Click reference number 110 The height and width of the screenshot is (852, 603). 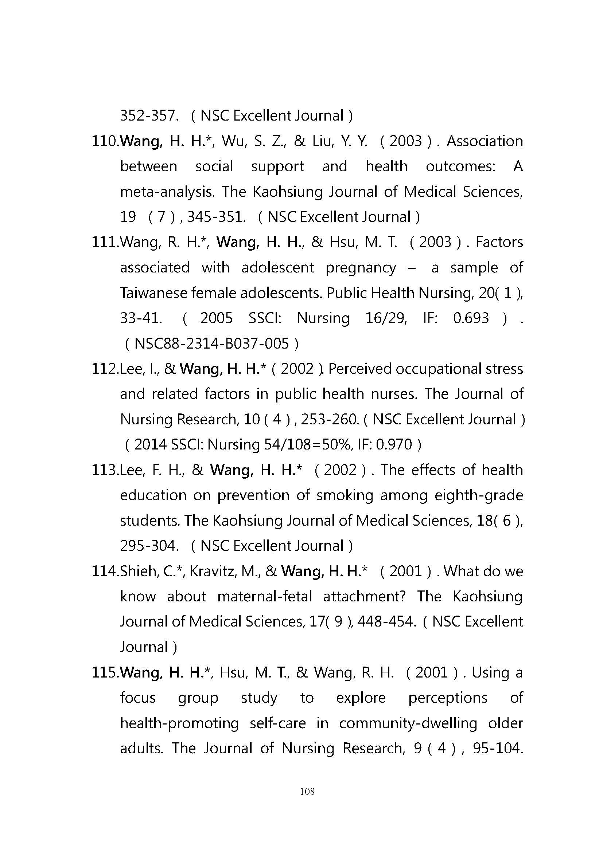pyautogui.click(x=105, y=141)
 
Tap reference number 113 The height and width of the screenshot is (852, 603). pyautogui.click(x=105, y=470)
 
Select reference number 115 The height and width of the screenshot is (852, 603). pyautogui.click(x=105, y=673)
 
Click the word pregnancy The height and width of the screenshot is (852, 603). pyautogui.click(x=361, y=268)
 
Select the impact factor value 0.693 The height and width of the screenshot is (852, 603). pyautogui.click(x=471, y=318)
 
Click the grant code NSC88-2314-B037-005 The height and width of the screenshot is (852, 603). pyautogui.click(x=211, y=343)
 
